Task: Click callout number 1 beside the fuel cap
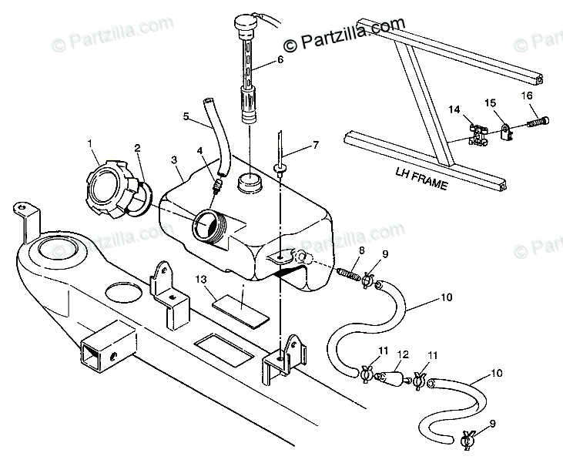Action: (x=90, y=143)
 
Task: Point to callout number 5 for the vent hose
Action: (x=186, y=116)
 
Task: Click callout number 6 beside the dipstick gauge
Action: (x=280, y=59)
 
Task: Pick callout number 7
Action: (x=315, y=145)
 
